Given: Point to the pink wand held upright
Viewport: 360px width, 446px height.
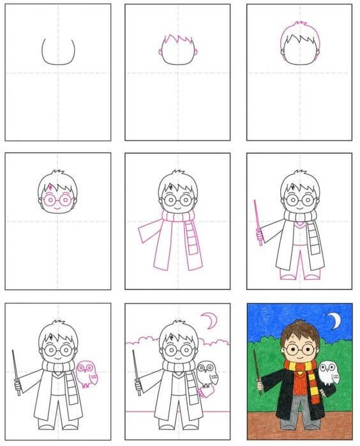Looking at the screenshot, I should pyautogui.click(x=257, y=219).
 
